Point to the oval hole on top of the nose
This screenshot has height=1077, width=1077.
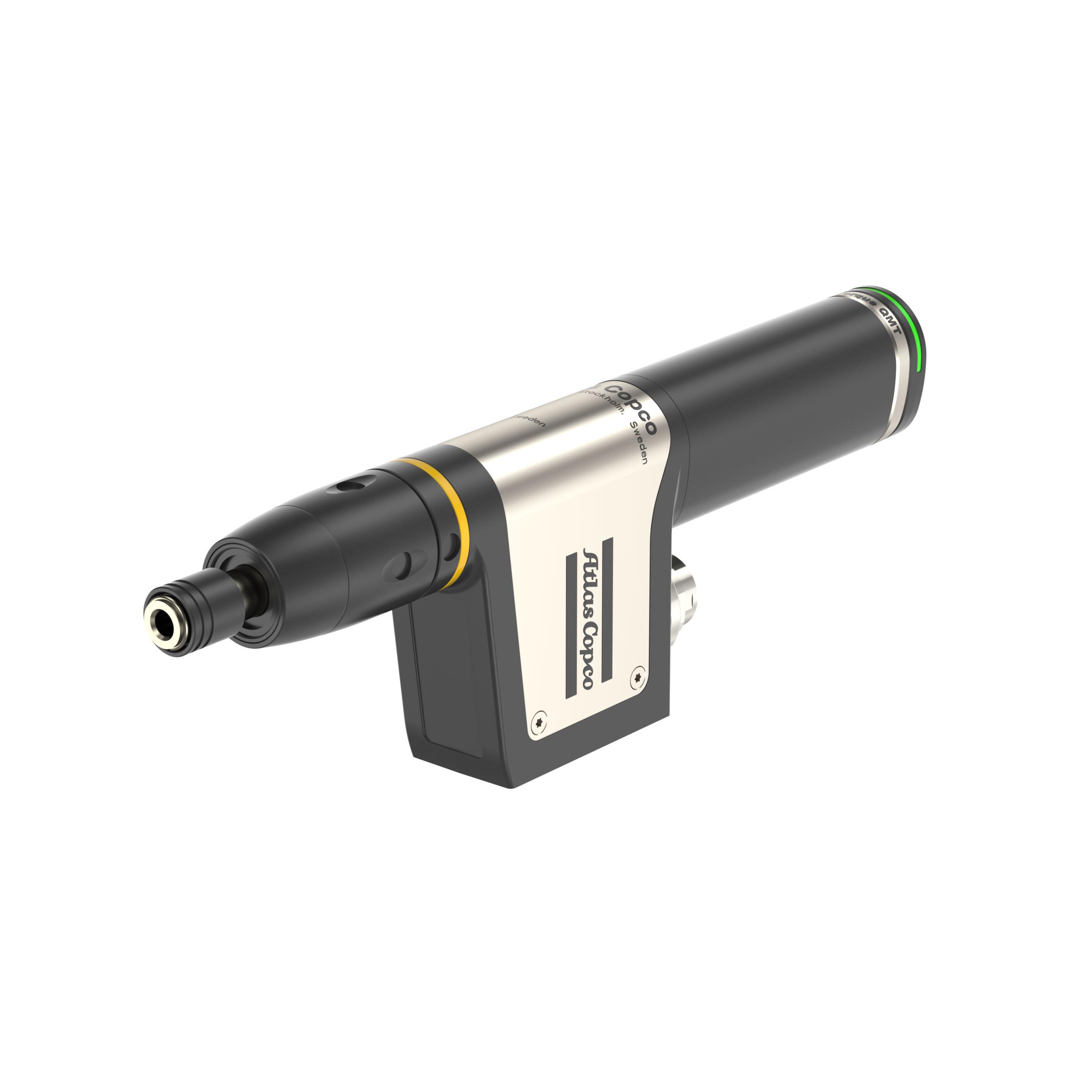348,486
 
